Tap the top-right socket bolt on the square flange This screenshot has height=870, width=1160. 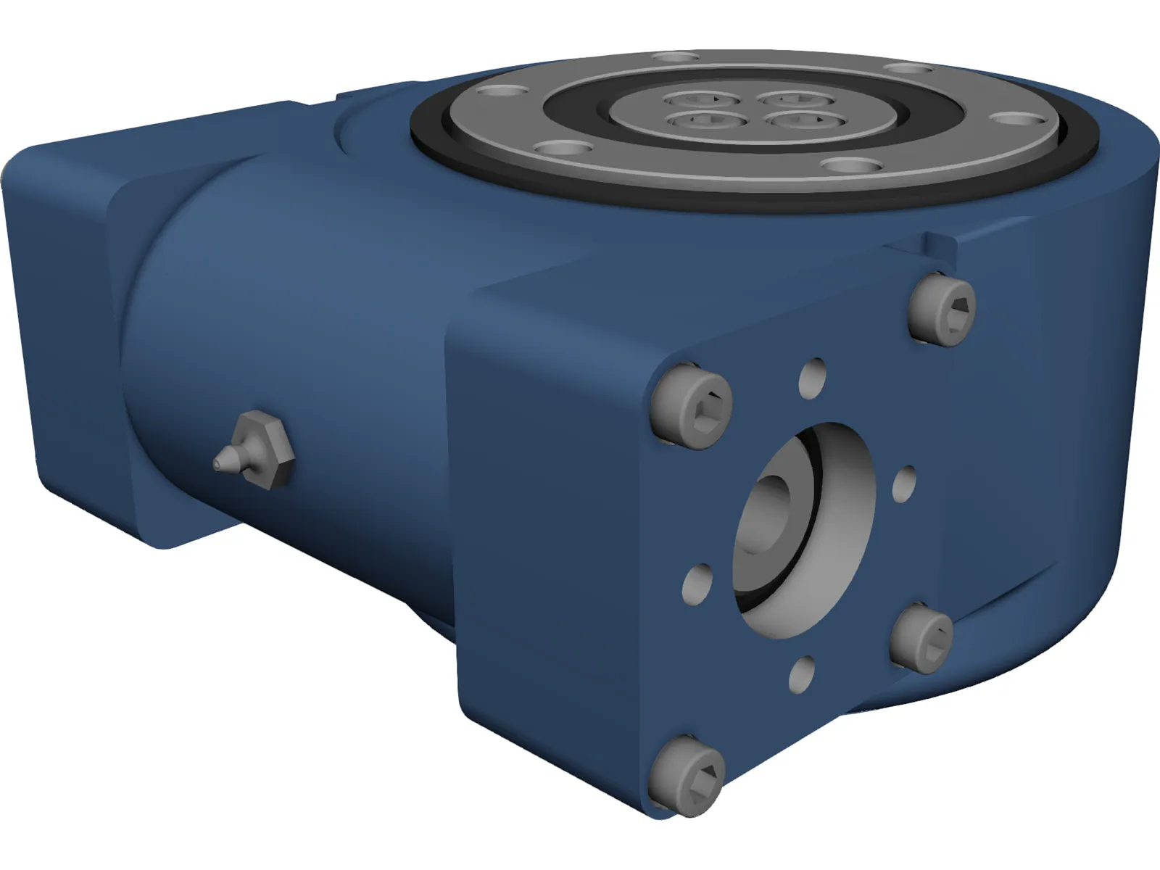point(942,309)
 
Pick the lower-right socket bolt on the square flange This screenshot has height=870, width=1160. point(921,639)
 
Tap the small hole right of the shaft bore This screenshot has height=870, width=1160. point(905,485)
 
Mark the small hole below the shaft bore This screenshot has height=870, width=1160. point(801,675)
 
